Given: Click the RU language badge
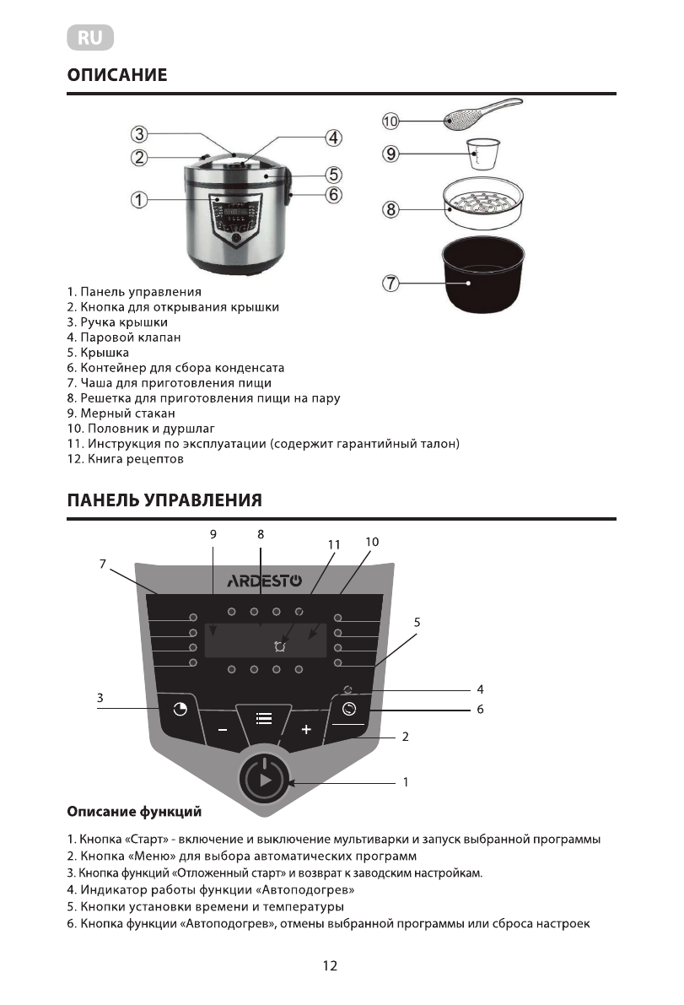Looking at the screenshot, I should (90, 38).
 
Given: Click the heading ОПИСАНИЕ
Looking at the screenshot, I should (117, 75).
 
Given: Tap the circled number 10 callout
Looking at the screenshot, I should (390, 122).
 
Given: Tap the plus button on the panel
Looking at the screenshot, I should (306, 729).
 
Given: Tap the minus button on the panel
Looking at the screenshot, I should (222, 729).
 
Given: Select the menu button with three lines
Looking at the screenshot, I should (264, 718).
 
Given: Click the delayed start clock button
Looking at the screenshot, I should (180, 709).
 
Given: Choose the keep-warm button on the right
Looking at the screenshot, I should (349, 709).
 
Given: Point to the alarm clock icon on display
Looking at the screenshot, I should (279, 646).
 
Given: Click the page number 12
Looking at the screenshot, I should (330, 966).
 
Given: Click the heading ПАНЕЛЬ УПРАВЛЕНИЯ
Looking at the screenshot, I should (164, 500).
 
